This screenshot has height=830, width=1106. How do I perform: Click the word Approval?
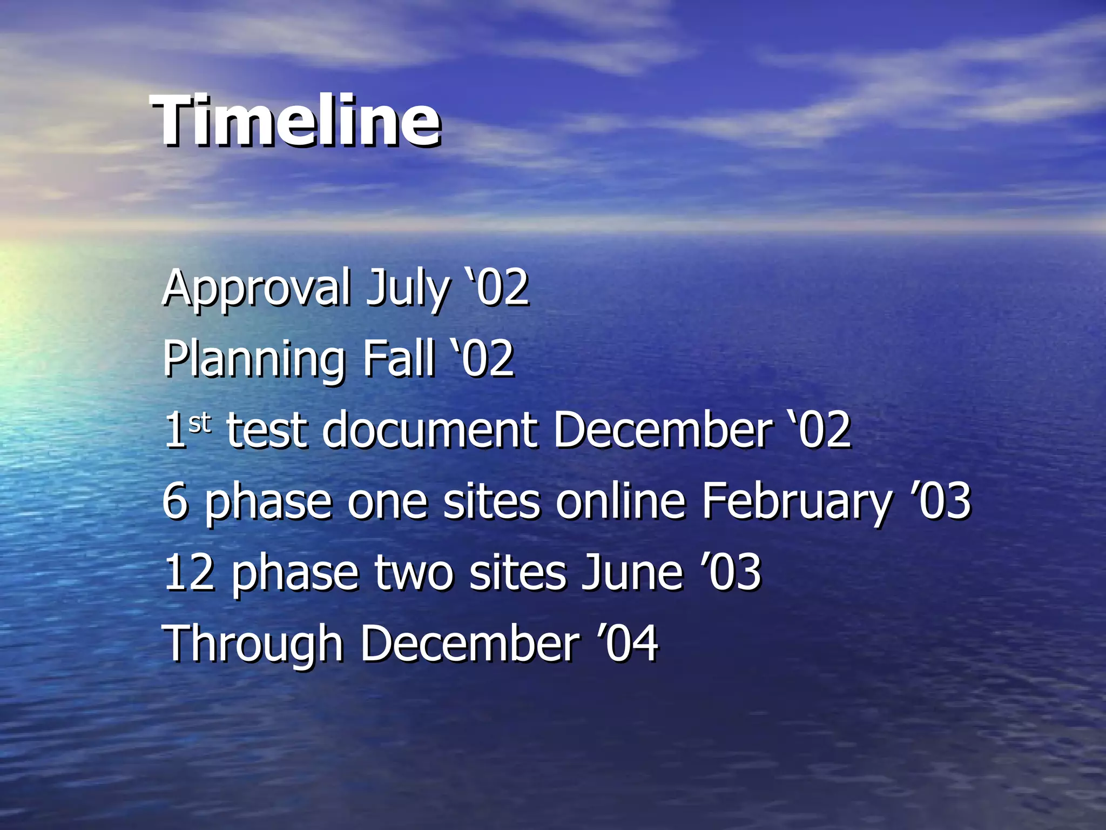(x=256, y=289)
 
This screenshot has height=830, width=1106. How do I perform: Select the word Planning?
(x=254, y=360)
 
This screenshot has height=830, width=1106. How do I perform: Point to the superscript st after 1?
(x=199, y=423)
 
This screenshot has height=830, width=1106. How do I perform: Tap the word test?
(x=267, y=431)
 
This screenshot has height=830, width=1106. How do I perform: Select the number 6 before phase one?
(x=175, y=501)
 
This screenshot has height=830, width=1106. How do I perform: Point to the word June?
(x=632, y=573)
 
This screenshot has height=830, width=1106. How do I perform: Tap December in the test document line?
(x=662, y=430)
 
